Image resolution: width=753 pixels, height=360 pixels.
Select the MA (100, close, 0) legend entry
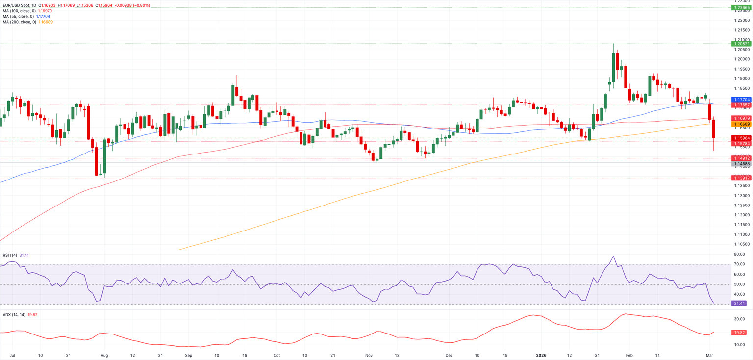[x=18, y=11]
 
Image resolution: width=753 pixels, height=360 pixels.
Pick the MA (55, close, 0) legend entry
[x=17, y=16]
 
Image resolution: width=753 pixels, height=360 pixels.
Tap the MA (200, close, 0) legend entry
[x=18, y=22]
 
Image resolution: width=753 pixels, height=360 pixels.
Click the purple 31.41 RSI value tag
[x=739, y=304]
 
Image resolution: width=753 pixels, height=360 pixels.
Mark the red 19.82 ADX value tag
[x=739, y=333]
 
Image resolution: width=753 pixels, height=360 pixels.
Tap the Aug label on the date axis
[x=104, y=354]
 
